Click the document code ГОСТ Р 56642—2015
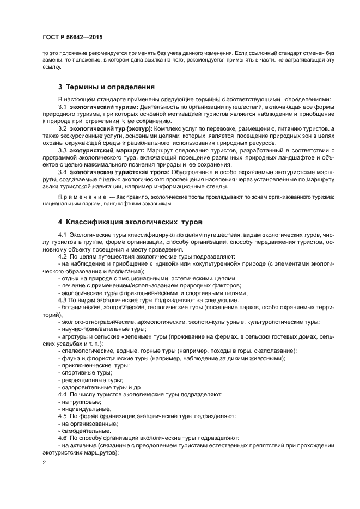pos(72,37)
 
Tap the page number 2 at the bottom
pos(44,462)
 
